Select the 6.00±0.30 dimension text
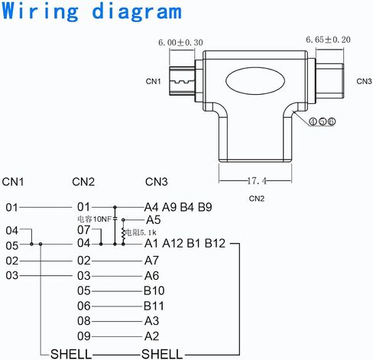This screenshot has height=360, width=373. pos(180,43)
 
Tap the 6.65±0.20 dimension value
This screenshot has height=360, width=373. pos(328,40)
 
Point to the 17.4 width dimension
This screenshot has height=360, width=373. pos(257,181)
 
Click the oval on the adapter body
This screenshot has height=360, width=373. pos(255,81)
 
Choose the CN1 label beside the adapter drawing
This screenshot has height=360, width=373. pos(154,81)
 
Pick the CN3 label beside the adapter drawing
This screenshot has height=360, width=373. pos(364,81)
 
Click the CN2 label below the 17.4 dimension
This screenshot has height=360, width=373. pos(257,199)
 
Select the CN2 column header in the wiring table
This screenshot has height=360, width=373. pos(83,182)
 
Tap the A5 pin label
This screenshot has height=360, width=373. pos(153,220)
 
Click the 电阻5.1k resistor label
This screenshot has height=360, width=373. pos(141,232)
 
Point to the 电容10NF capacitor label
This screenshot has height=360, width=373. pos(95,219)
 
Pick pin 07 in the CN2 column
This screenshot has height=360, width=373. pos(84,230)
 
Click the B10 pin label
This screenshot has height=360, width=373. pos(154,290)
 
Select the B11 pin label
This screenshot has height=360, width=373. pos(154,306)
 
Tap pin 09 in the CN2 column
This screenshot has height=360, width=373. pos(84,336)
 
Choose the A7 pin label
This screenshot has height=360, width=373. pos(151,261)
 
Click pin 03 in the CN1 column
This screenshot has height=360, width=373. pos(12,276)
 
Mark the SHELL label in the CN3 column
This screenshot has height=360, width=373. pos(162,354)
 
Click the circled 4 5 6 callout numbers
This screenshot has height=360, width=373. pos(322,122)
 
